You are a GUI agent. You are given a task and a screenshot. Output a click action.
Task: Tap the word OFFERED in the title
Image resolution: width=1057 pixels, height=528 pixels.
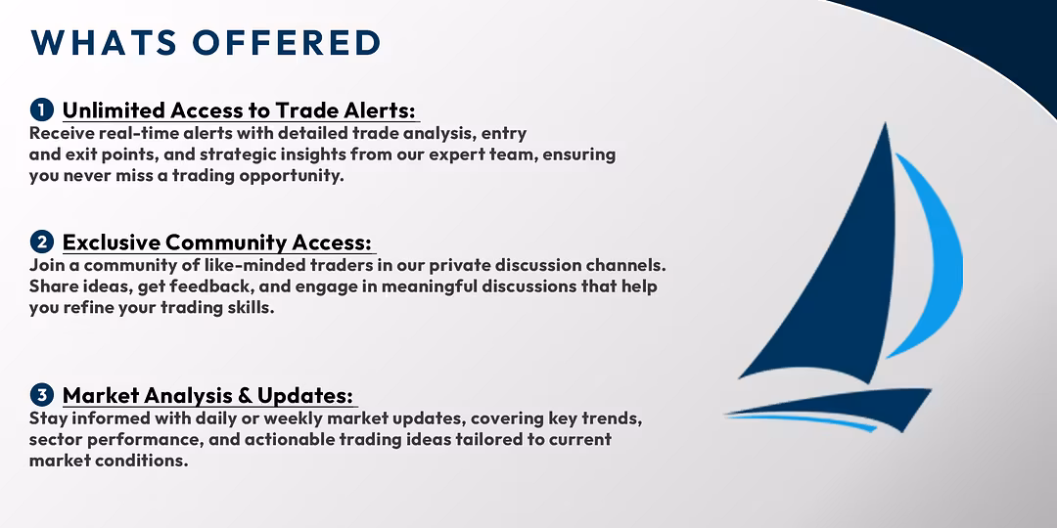pyautogui.click(x=287, y=42)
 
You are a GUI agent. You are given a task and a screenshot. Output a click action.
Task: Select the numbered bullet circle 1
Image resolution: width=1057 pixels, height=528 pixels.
pyautogui.click(x=42, y=110)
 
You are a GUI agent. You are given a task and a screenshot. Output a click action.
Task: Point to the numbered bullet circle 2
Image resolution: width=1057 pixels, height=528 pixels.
pyautogui.click(x=42, y=242)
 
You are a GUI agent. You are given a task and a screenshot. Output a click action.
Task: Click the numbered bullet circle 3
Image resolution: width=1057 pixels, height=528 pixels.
pyautogui.click(x=42, y=394)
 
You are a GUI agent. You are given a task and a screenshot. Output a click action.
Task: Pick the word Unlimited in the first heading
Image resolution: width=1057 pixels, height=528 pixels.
pyautogui.click(x=114, y=110)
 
